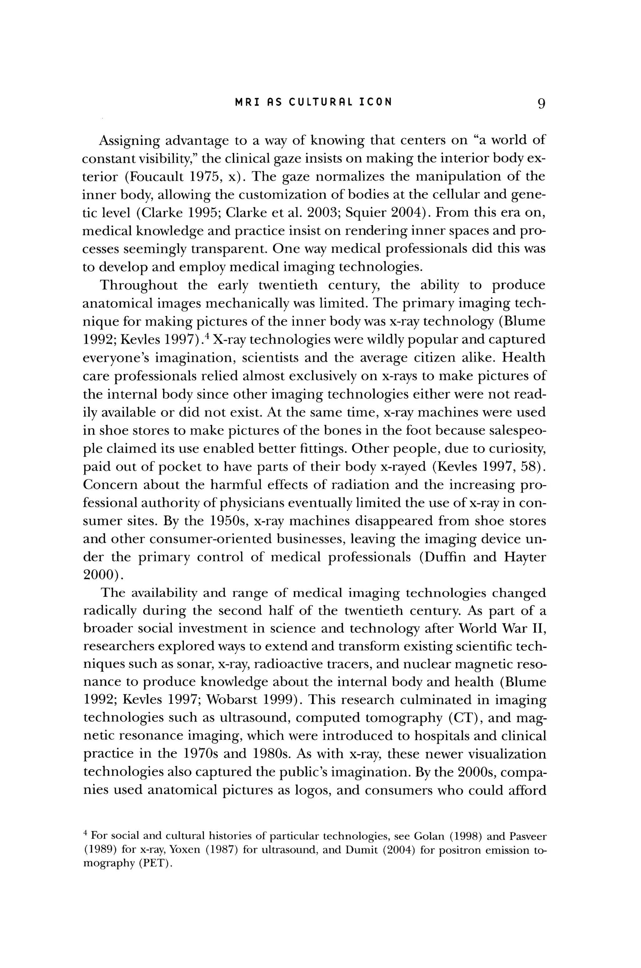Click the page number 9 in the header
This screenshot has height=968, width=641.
coord(541,104)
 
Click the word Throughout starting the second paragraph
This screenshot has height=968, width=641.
coord(139,285)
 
